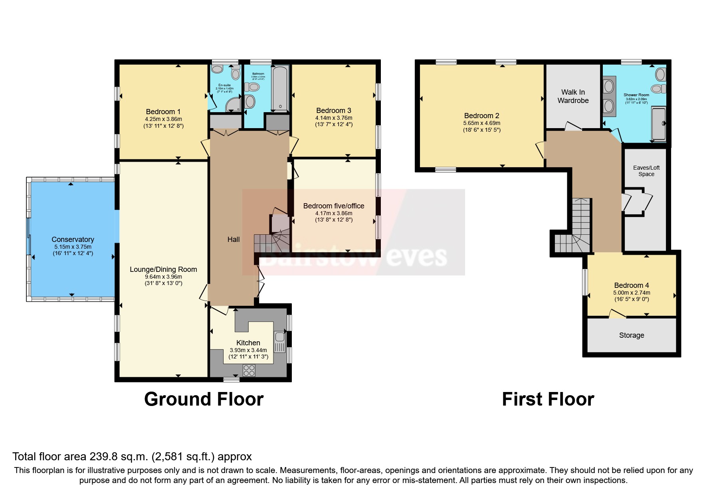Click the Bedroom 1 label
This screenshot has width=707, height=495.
pyautogui.click(x=163, y=112)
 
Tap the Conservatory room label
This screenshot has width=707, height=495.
pyautogui.click(x=73, y=240)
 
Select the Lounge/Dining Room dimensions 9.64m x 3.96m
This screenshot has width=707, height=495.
pyautogui.click(x=163, y=277)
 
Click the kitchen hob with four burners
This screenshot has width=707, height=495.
pyautogui.click(x=249, y=370)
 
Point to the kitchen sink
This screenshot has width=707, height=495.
pyautogui.click(x=279, y=341)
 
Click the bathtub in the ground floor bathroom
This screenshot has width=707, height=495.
pyautogui.click(x=279, y=89)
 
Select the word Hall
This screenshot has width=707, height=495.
pyautogui.click(x=234, y=240)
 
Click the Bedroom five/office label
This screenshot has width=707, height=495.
pyautogui.click(x=333, y=206)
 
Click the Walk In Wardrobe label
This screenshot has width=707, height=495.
pyautogui.click(x=573, y=96)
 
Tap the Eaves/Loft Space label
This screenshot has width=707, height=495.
pyautogui.click(x=646, y=171)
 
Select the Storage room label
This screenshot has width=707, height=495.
pyautogui.click(x=631, y=335)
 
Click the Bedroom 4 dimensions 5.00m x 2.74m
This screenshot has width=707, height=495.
pyautogui.click(x=632, y=293)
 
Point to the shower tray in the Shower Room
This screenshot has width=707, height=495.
pyautogui.click(x=659, y=123)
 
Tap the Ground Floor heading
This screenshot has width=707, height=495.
pyautogui.click(x=204, y=399)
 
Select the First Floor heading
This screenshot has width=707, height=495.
pyautogui.click(x=548, y=399)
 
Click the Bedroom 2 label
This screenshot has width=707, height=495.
pyautogui.click(x=481, y=116)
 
